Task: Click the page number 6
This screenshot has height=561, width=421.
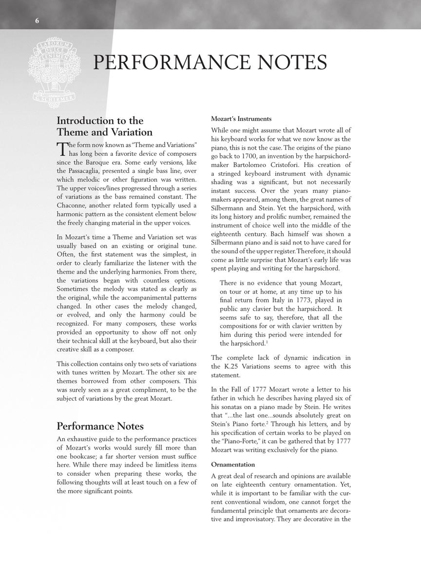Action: (37, 20)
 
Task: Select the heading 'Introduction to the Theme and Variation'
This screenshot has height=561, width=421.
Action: (105, 126)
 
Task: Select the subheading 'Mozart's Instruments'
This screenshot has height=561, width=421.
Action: (241, 119)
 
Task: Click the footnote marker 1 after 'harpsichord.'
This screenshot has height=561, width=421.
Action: (267, 342)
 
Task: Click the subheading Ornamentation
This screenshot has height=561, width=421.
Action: (233, 465)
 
